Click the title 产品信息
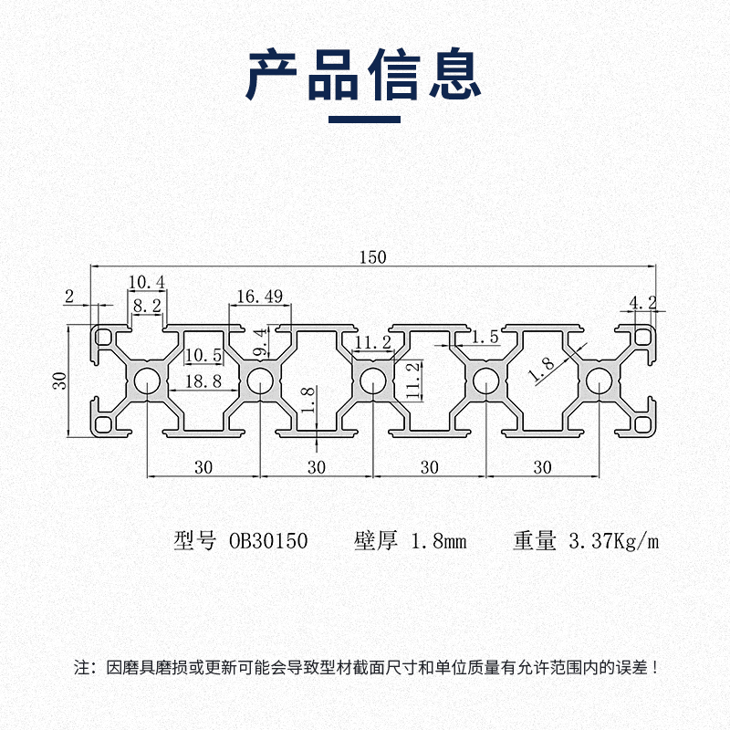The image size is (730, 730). point(364,75)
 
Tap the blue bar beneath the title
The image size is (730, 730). point(364,119)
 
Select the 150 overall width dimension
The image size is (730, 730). point(372,257)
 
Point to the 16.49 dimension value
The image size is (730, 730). point(259,296)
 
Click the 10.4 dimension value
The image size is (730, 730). point(146,281)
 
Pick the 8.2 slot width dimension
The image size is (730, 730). point(146,306)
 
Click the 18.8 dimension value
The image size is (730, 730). point(203,381)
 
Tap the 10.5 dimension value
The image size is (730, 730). point(203,355)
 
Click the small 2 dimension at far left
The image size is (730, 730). point(69,296)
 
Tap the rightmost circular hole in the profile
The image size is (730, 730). point(598,381)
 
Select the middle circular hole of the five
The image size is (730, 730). point(371,381)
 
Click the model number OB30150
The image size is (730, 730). point(267,541)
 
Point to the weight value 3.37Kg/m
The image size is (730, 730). point(612,541)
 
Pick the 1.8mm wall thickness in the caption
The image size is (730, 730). point(439,541)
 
